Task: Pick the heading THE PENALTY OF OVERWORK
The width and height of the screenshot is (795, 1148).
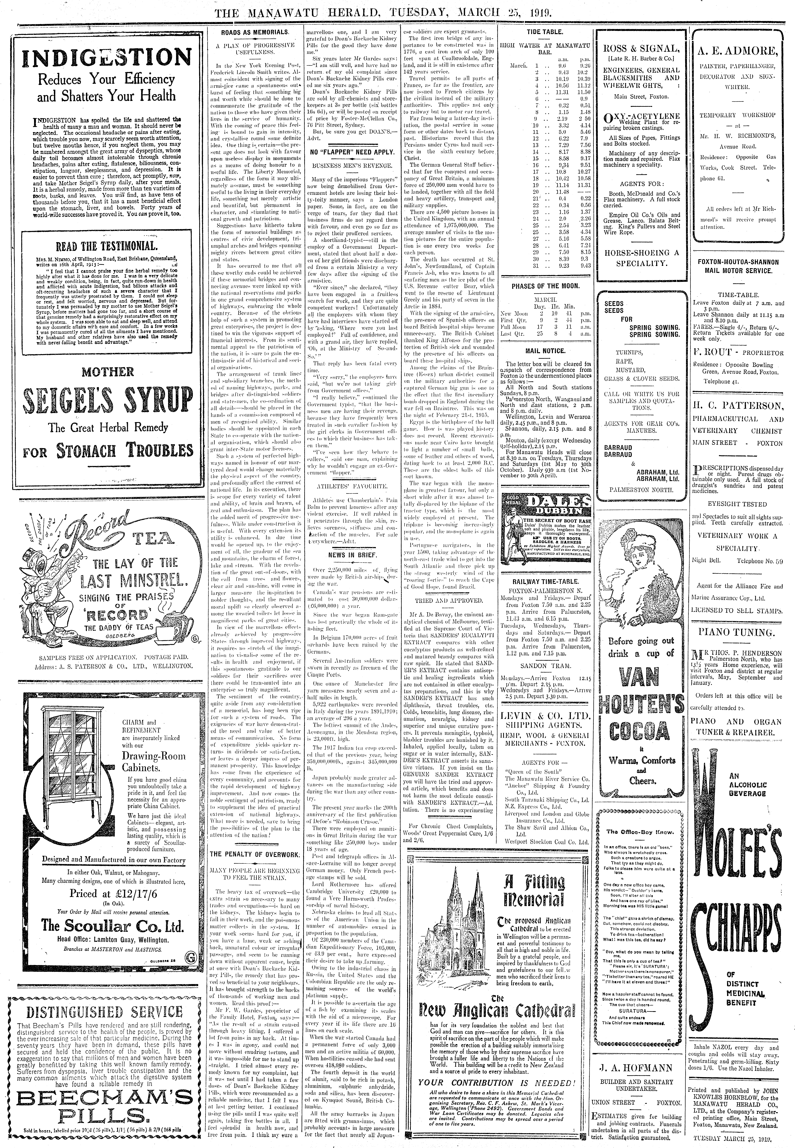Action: [x=255, y=854]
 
